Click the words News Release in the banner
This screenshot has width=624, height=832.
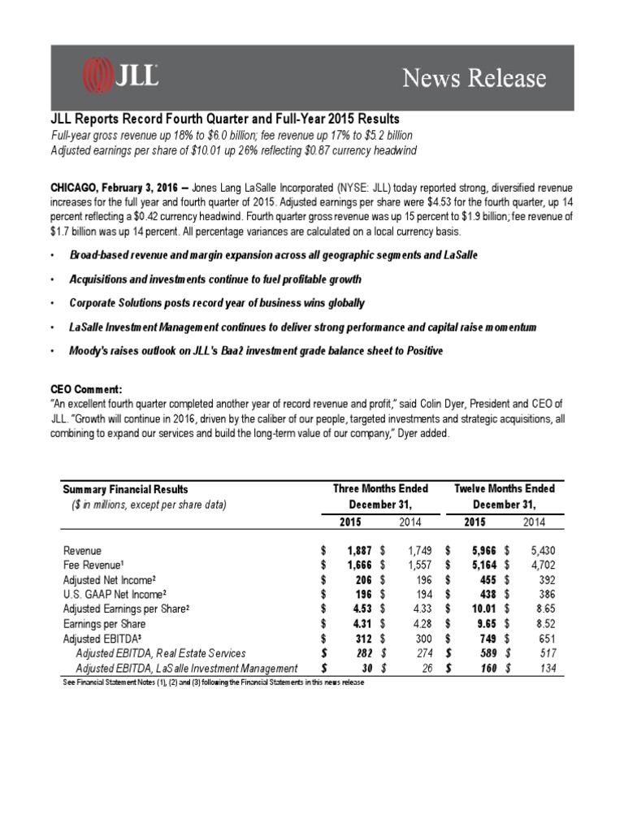point(476,78)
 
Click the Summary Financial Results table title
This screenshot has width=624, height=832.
point(125,489)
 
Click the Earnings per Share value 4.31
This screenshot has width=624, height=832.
point(355,623)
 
